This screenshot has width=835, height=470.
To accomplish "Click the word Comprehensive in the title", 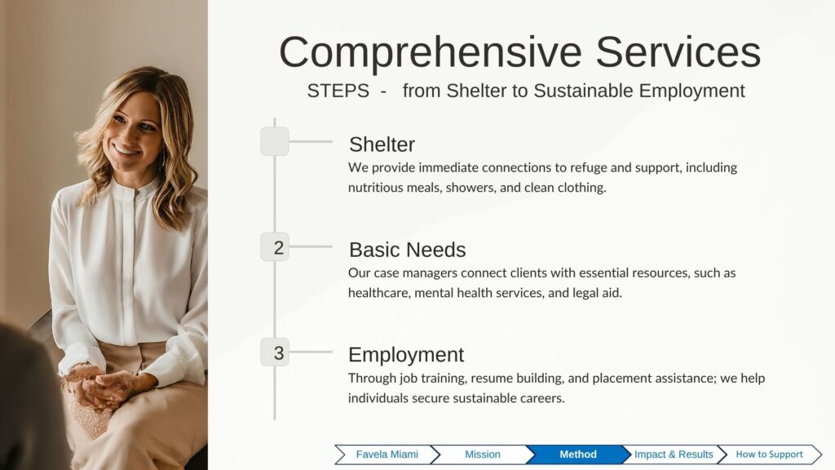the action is click(431, 53).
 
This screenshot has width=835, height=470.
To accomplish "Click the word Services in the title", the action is click(678, 51).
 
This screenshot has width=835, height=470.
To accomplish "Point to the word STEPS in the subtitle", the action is click(338, 91).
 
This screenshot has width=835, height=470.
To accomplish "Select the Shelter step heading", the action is click(382, 144).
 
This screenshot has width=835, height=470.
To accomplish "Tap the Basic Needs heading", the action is click(408, 250).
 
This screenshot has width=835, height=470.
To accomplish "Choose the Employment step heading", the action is click(406, 355).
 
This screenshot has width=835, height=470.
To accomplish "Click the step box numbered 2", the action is click(275, 246).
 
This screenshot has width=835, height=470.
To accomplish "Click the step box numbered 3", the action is click(275, 352).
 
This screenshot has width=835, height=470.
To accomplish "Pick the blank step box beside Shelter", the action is click(275, 141).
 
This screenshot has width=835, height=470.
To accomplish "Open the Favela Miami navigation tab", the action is click(387, 454).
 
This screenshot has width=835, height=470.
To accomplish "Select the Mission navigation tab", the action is click(483, 454).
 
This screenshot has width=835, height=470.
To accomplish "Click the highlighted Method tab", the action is click(578, 454).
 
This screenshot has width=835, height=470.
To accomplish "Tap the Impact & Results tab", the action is click(674, 454).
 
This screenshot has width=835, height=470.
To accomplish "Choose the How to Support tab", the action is click(769, 454).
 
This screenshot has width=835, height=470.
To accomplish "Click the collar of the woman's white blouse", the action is click(135, 190).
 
